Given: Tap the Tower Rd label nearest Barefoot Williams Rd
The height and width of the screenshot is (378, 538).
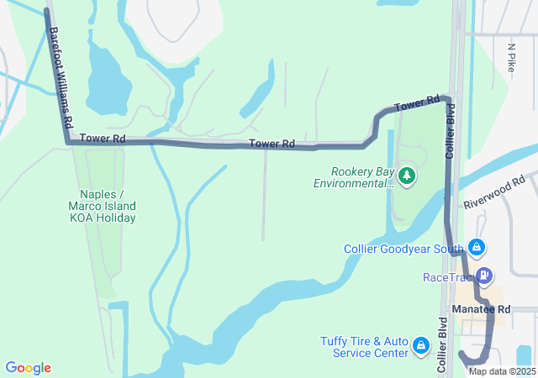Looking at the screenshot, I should click(103, 138).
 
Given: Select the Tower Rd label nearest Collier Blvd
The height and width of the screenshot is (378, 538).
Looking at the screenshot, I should click(418, 104).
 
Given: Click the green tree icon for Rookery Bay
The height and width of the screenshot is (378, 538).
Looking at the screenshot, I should click(408, 175).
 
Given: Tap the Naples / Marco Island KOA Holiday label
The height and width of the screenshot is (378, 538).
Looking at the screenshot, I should click(103, 206).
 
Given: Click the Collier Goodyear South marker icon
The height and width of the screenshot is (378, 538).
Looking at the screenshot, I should click(477, 248).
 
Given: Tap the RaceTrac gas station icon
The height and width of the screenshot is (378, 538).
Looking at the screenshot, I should click(485, 276).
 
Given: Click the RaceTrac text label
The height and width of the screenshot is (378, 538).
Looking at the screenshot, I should click(449, 276).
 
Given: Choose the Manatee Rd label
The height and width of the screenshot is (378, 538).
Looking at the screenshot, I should click(481, 309).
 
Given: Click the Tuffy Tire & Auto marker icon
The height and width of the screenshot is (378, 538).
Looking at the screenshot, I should click(422, 346).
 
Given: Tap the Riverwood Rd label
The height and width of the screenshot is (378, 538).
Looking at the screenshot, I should click(494, 192).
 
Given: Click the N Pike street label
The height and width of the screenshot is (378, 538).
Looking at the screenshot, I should click(511, 58).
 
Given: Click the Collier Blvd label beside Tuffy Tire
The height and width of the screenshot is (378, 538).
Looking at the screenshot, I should click(442, 344).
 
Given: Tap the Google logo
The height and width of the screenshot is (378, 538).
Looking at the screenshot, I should click(29, 368).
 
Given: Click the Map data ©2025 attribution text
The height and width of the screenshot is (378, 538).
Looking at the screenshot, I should click(501, 371).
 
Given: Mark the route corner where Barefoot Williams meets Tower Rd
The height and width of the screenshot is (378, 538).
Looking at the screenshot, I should click(68, 142).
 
